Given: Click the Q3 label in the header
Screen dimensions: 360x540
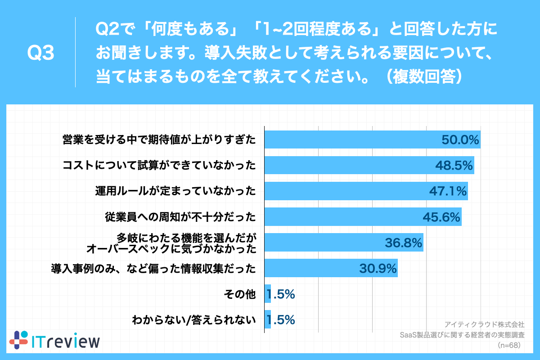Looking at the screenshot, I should [x=41, y=53].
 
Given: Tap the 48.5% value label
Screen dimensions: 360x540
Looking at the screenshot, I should [x=453, y=166].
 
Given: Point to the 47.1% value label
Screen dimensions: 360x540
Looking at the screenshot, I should [x=447, y=191].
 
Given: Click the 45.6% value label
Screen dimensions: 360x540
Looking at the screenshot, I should [x=441, y=217].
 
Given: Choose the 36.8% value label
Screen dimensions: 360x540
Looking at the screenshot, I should [x=403, y=243].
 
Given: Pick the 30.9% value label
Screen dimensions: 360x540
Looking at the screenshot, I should [x=378, y=269].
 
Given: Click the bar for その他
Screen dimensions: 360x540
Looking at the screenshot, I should [x=267, y=294].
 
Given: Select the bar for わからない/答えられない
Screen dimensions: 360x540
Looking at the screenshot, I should [x=267, y=320].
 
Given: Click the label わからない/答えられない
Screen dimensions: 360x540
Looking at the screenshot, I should [x=193, y=320].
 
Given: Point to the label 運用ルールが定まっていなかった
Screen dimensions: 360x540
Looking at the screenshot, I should [x=175, y=192].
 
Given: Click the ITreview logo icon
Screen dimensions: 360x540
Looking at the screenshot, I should [x=19, y=340].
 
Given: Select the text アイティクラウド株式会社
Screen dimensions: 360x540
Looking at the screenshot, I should [x=484, y=324].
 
